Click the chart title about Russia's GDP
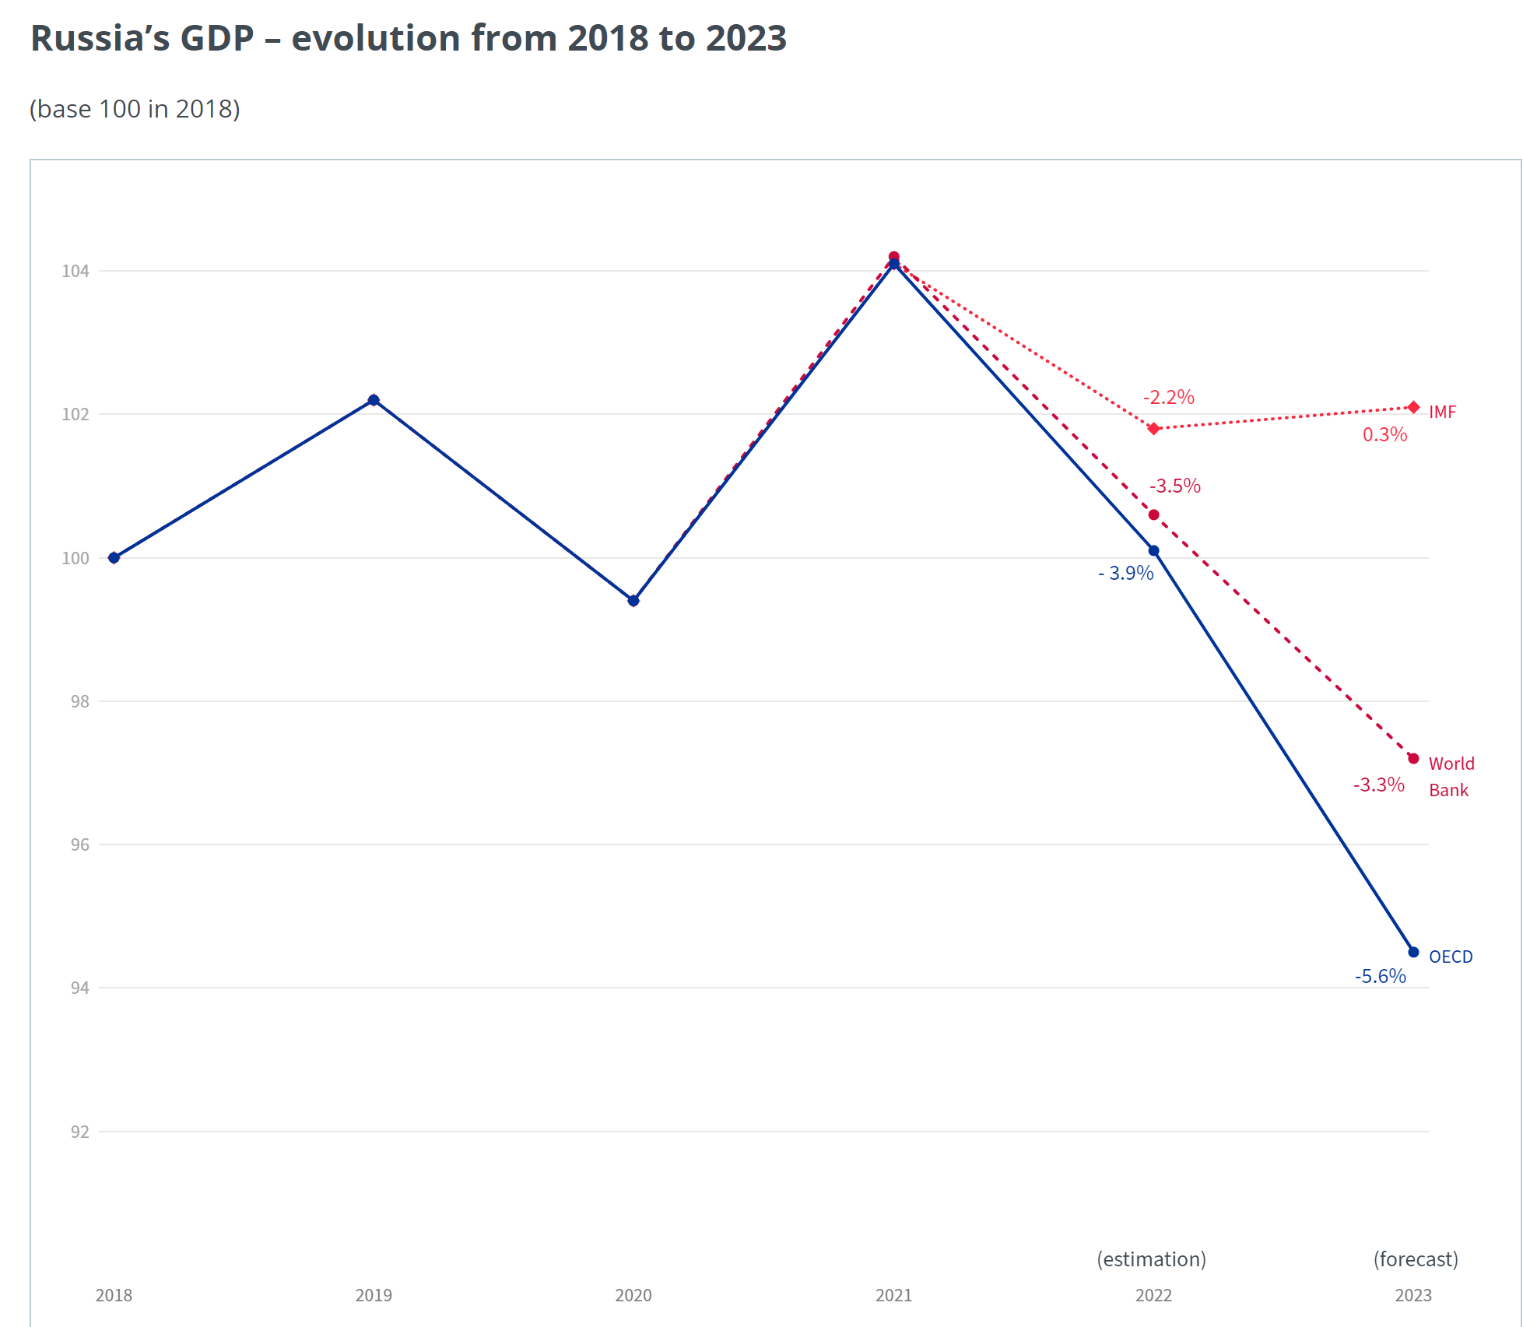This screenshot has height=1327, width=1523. tap(409, 38)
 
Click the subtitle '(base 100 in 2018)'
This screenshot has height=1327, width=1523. tap(135, 109)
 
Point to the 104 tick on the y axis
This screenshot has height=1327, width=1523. tap(75, 271)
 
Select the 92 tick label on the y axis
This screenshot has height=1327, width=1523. tap(79, 1132)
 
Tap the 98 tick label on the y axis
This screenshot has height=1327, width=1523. tap(79, 701)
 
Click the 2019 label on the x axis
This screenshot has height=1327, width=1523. tap(374, 1295)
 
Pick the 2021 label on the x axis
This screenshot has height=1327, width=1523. tap(893, 1295)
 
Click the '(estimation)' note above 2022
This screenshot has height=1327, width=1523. tap(1151, 1259)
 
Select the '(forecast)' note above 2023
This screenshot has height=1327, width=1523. tap(1416, 1259)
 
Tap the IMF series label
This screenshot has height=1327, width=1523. tap(1442, 412)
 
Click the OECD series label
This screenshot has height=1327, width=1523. tap(1451, 957)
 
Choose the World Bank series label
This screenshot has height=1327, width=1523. tap(1451, 777)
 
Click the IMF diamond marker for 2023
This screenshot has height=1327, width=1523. tap(1414, 407)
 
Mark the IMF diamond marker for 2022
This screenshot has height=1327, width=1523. tap(1154, 429)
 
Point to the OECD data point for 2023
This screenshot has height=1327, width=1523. tap(1413, 952)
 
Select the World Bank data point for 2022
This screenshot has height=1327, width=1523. tap(1154, 514)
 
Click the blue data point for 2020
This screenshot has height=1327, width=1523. tap(633, 601)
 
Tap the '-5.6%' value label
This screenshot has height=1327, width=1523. tap(1380, 976)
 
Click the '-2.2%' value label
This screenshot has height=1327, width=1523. tap(1168, 397)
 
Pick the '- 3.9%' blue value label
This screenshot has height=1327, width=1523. tap(1125, 573)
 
